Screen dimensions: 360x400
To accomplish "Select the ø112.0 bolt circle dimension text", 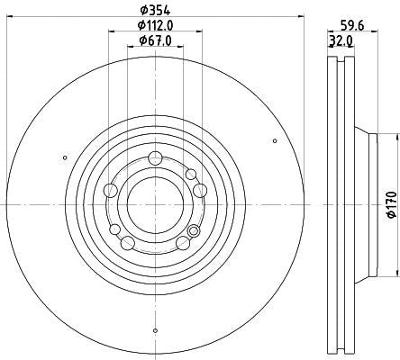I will (x=155, y=26).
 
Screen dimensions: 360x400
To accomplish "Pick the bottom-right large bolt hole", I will (x=183, y=242).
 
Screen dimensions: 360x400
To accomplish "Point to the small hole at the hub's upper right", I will (x=190, y=173).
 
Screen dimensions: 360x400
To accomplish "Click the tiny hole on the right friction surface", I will (x=274, y=139).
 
